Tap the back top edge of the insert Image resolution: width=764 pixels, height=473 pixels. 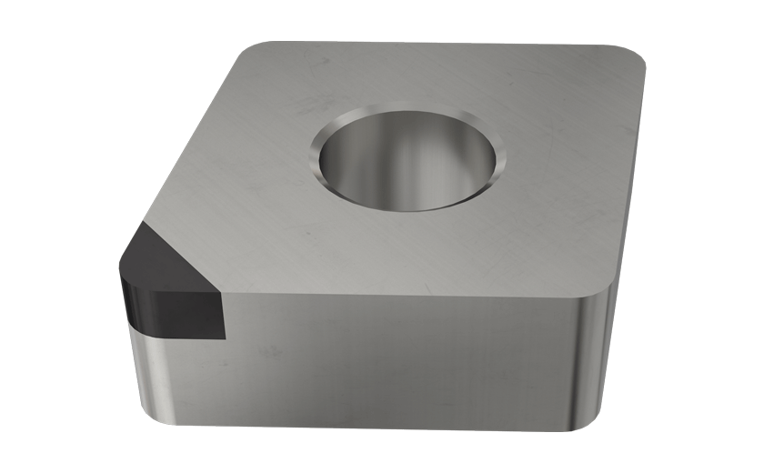pyautogui.click(x=437, y=43)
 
